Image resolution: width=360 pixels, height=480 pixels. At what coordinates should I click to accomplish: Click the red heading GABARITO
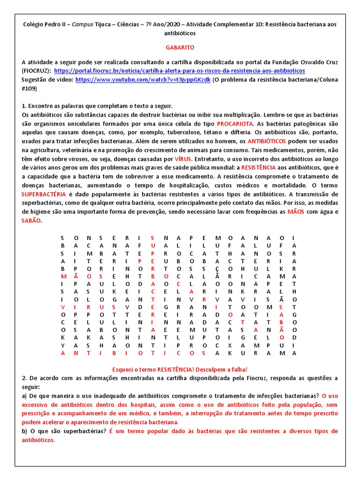click(x=180, y=48)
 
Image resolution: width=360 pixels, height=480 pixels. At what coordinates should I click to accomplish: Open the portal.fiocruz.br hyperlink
click(x=180, y=71)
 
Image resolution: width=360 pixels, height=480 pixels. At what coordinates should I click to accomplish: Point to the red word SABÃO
click(x=31, y=221)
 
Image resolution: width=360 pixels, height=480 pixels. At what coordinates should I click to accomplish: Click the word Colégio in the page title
click(x=34, y=24)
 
